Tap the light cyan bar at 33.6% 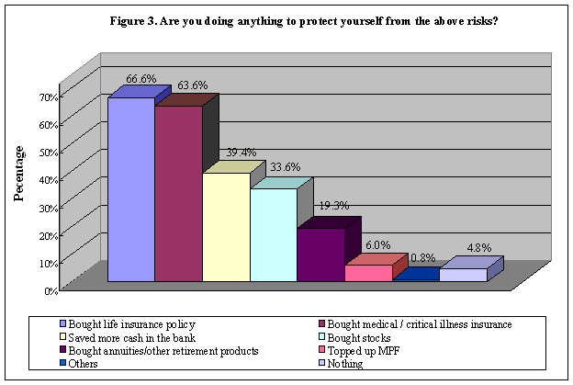[274, 234]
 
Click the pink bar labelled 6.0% [368, 273]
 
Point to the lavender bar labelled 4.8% [463, 275]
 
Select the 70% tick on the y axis [49, 96]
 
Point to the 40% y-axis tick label [49, 179]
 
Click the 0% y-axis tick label [51, 290]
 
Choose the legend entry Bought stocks [354, 337]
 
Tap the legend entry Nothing [342, 364]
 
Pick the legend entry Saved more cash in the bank [133, 337]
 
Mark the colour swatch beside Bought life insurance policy [62, 324]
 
